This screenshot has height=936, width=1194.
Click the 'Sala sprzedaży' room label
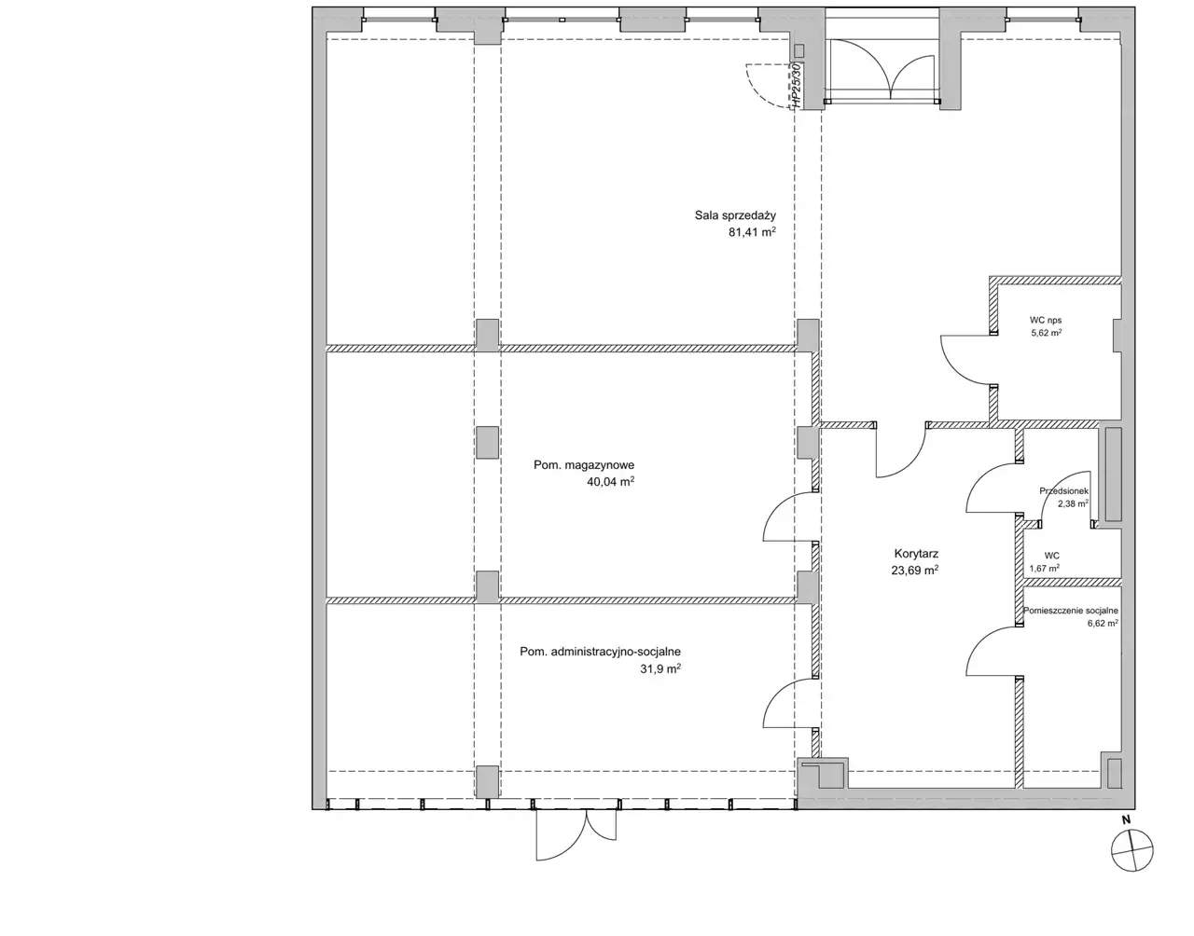pyautogui.click(x=735, y=215)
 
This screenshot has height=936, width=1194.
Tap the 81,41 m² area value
pyautogui.click(x=752, y=232)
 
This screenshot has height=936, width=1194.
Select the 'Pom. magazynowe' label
pyautogui.click(x=584, y=465)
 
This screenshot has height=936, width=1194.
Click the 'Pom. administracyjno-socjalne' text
pyautogui.click(x=601, y=653)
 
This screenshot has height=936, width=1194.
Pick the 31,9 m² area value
pyautogui.click(x=660, y=669)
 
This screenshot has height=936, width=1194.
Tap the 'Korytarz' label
pyautogui.click(x=916, y=554)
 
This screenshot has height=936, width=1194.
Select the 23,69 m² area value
pyautogui.click(x=915, y=571)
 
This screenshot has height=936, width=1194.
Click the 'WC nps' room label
pyautogui.click(x=1046, y=320)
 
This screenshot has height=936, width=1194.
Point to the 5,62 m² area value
pyautogui.click(x=1046, y=332)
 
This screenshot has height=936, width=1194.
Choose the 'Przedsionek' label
pyautogui.click(x=1063, y=491)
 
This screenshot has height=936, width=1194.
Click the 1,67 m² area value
pyautogui.click(x=1045, y=568)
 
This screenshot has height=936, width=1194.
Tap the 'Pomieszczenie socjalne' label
pyautogui.click(x=1070, y=611)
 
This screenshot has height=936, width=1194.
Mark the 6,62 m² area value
pyautogui.click(x=1103, y=623)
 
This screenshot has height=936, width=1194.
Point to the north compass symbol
pyautogui.click(x=1132, y=850)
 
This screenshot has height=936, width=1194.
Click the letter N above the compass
pyautogui.click(x=1127, y=820)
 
